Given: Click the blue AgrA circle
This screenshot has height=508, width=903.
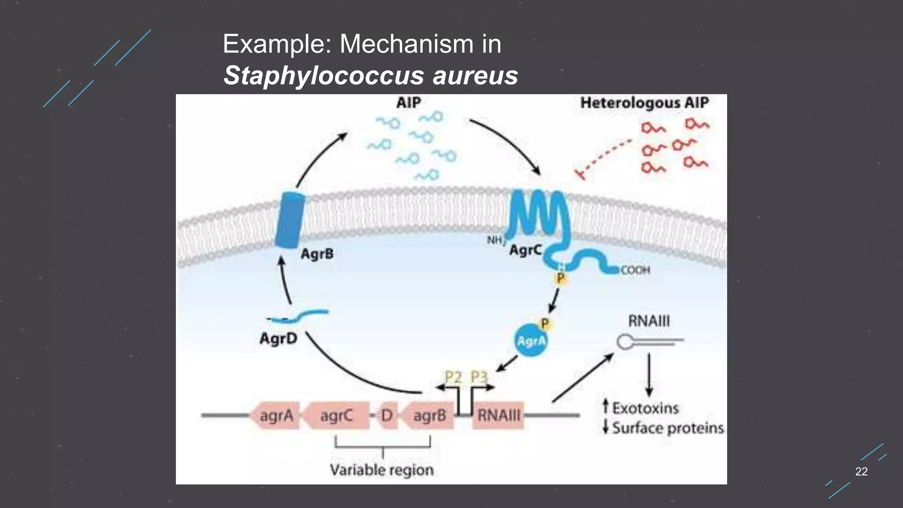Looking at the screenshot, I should tap(531, 341).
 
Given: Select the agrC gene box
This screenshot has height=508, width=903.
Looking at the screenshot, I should tap(337, 415).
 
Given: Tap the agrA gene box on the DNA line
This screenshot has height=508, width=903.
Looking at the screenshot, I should tap(276, 415).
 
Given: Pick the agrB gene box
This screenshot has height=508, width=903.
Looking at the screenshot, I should tap(429, 415).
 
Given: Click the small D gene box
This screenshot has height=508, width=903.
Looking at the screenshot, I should tap(387, 415).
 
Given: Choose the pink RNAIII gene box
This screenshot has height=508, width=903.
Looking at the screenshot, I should tap(499, 415).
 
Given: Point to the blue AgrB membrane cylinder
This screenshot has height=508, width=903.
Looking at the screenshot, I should tap(290, 220).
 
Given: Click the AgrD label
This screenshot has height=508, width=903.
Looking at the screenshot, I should tap(278, 339).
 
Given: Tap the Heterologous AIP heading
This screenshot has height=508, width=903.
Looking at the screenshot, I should tap(644, 103).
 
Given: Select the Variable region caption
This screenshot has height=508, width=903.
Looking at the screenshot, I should tap(382, 470).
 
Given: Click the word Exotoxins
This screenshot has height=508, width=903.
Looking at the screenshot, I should tap(645, 408).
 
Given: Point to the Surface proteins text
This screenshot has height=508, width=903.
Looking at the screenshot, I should tap(668, 428).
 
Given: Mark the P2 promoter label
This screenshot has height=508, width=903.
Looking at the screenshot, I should tap(453, 377).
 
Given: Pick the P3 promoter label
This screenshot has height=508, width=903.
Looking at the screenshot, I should tap(479, 377).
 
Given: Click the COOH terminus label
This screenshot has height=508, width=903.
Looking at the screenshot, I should tap(635, 270).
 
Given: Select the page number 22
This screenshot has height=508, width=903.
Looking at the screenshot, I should tap(861, 471).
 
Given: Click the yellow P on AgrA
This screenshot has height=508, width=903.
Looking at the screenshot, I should tap(545, 324).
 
